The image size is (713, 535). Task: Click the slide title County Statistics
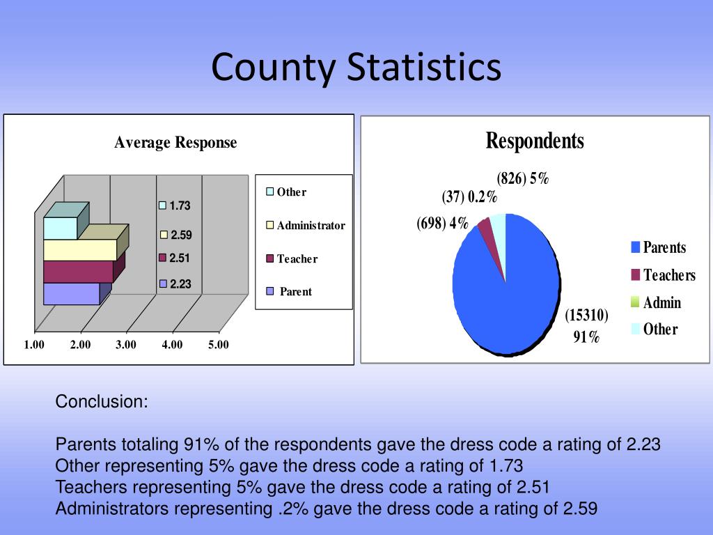[356, 68]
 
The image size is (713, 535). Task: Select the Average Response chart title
[175, 143]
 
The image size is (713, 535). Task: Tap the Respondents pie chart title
[534, 141]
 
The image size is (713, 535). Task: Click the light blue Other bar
[60, 228]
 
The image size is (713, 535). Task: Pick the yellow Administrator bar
[79, 250]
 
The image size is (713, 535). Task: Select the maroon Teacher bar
[77, 272]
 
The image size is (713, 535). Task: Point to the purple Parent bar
[71, 293]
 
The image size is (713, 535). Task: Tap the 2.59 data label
[179, 235]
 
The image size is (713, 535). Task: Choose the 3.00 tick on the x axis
[126, 345]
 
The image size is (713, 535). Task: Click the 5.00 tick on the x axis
[218, 345]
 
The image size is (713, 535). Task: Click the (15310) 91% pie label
[586, 326]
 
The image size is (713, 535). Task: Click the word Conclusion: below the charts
[102, 402]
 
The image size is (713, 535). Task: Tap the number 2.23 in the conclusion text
[643, 444]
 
